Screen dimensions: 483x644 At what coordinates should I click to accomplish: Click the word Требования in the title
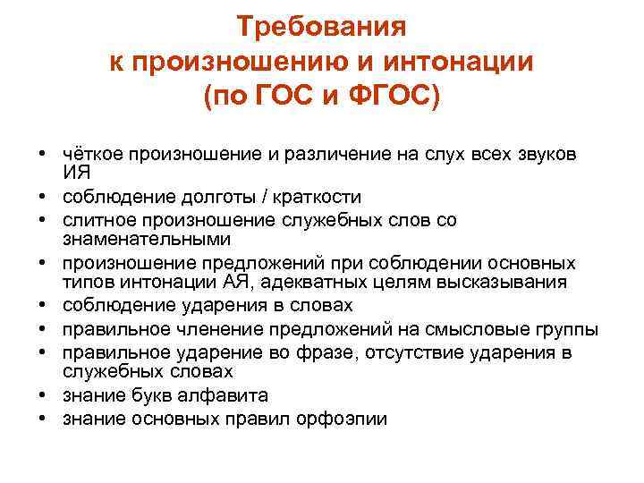[322, 28]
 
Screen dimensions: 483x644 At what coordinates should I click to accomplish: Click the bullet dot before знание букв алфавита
[43, 394]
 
